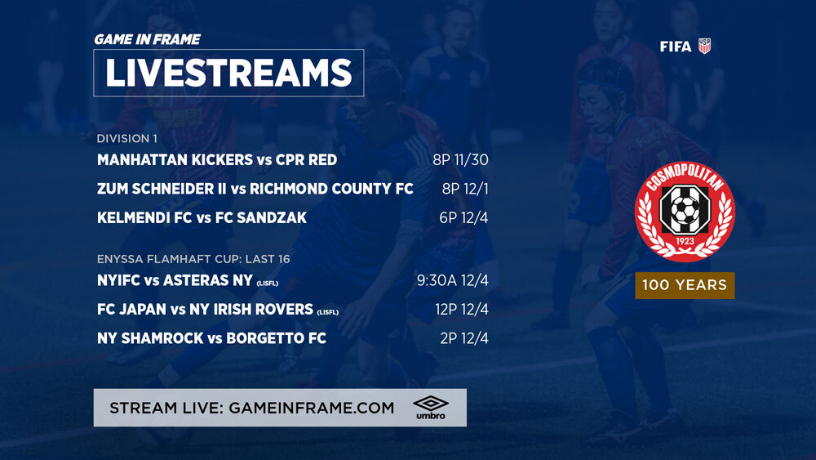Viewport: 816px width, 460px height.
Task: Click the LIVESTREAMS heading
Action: coord(228,73)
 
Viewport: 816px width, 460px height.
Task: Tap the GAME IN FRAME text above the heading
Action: coord(147,39)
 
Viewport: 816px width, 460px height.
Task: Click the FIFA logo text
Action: coord(676,47)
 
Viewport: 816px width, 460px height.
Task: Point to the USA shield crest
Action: coord(704,46)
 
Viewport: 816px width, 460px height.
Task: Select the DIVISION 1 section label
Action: coord(127,139)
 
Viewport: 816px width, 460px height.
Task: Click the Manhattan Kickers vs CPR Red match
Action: coord(217,160)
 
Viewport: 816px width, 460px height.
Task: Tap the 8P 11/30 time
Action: coord(460,160)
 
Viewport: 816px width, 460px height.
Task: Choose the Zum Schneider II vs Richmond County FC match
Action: coord(255,189)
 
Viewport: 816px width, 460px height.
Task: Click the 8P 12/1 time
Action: coord(465,189)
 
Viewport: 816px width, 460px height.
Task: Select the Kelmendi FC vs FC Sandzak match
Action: coord(202,218)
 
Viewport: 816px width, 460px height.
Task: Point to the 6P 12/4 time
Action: coord(463,218)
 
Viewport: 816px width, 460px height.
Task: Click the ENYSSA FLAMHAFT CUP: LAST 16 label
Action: coord(193,259)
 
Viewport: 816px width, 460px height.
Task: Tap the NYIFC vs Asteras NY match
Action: coord(188,281)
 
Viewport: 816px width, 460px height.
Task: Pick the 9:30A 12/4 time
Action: coord(453,281)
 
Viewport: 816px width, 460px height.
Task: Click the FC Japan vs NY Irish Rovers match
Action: coord(218,310)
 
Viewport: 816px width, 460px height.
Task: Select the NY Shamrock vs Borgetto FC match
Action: coord(212,338)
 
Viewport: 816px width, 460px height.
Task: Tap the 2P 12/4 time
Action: coord(464,338)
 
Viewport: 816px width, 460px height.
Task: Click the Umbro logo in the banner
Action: coord(431,408)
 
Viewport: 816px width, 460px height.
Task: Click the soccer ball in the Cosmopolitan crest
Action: coord(685,209)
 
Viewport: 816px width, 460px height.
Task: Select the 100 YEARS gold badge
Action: coord(685,285)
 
